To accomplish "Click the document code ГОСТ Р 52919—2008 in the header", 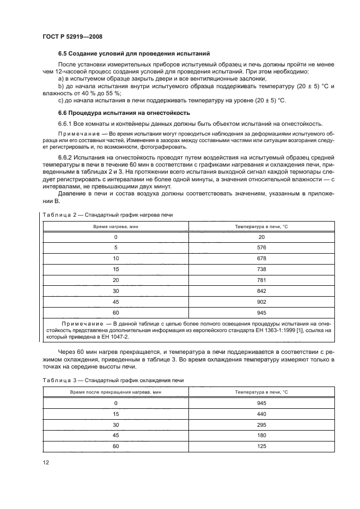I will pyautogui.click(x=72, y=36).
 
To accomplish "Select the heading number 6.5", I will pyautogui.click(x=63, y=53).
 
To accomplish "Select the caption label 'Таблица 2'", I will pyautogui.click(x=58, y=215).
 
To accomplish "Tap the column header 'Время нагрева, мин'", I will pyautogui.click(x=115, y=226).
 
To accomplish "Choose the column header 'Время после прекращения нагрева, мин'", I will pyautogui.click(x=115, y=391).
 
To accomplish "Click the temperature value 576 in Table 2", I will pyautogui.click(x=261, y=248).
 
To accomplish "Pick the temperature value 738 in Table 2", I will pyautogui.click(x=261, y=269).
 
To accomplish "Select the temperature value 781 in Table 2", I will pyautogui.click(x=261, y=280).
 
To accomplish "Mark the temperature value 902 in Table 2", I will pyautogui.click(x=261, y=302).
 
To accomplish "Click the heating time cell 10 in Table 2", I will pyautogui.click(x=115, y=259).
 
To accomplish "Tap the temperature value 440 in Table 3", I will pyautogui.click(x=261, y=414).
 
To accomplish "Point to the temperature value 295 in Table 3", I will pyautogui.click(x=261, y=425).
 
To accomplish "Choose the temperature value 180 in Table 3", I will pyautogui.click(x=261, y=436).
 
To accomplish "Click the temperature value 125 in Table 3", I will pyautogui.click(x=261, y=446).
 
